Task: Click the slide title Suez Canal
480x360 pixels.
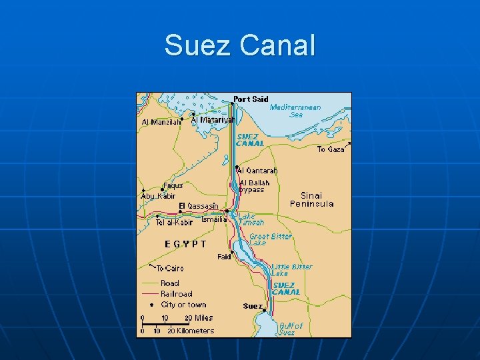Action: tap(239, 45)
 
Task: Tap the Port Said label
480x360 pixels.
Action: tap(251, 99)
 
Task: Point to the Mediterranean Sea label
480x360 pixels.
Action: tap(295, 111)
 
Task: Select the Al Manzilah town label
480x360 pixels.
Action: tap(161, 122)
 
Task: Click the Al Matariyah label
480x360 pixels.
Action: tap(213, 120)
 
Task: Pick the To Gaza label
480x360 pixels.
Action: tap(331, 149)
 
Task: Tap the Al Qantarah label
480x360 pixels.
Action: tap(258, 171)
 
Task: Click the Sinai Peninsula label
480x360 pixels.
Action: tap(311, 199)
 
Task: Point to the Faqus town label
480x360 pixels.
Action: tap(173, 185)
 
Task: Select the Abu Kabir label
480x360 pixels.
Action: tap(160, 196)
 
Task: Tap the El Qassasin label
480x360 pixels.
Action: tap(199, 205)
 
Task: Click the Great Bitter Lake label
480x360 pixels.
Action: tap(270, 239)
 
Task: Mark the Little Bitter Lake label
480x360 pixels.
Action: tap(291, 270)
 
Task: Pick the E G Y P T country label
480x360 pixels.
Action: tap(185, 244)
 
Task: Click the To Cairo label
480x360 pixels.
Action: tap(170, 269)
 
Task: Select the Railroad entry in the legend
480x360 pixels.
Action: tap(177, 293)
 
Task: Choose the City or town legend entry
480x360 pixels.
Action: tap(183, 304)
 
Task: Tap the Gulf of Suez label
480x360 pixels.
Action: tap(291, 329)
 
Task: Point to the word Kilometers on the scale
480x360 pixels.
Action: tap(196, 330)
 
